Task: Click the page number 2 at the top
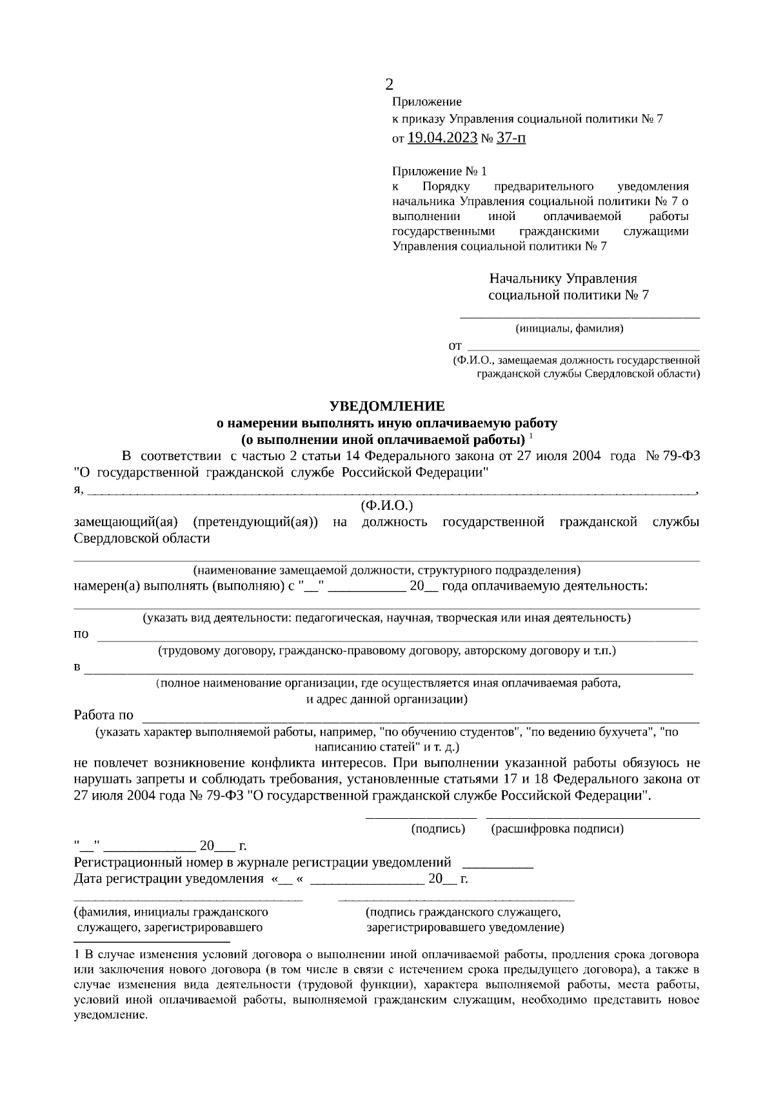(x=389, y=85)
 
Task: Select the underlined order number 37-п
(x=511, y=137)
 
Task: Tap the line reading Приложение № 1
(x=439, y=172)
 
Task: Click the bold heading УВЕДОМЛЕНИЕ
(x=387, y=407)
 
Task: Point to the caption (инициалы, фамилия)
(x=570, y=328)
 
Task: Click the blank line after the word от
(x=583, y=347)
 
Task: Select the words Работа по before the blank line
(x=104, y=715)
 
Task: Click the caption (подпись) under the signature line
(x=438, y=829)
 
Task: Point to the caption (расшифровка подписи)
(x=557, y=829)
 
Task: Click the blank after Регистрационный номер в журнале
(x=498, y=863)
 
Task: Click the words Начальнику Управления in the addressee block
(x=563, y=279)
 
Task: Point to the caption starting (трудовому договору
(x=387, y=651)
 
